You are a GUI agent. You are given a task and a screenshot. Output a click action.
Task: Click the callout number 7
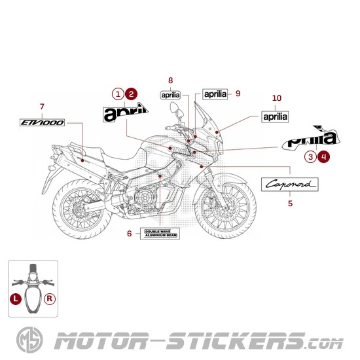click(42, 107)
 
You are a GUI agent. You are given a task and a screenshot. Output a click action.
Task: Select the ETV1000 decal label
click(42, 122)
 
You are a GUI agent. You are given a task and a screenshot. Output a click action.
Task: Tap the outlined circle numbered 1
click(118, 94)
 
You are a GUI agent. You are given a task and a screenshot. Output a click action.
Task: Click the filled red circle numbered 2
click(132, 94)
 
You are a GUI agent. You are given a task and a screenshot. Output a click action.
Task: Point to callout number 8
click(170, 81)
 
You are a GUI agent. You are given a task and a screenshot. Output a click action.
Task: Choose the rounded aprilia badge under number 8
click(171, 95)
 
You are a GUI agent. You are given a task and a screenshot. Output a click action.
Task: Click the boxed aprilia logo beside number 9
click(215, 94)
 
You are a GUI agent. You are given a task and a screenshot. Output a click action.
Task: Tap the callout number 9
click(238, 94)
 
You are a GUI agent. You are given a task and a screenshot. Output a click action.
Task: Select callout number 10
click(276, 98)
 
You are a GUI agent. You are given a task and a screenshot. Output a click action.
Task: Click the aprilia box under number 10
click(275, 117)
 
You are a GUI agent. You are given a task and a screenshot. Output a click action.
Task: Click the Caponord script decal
click(292, 185)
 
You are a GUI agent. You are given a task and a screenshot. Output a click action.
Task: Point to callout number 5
click(291, 204)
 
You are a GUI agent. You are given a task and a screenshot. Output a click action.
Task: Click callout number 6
click(129, 234)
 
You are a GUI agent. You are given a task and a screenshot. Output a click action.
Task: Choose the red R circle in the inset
click(50, 298)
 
